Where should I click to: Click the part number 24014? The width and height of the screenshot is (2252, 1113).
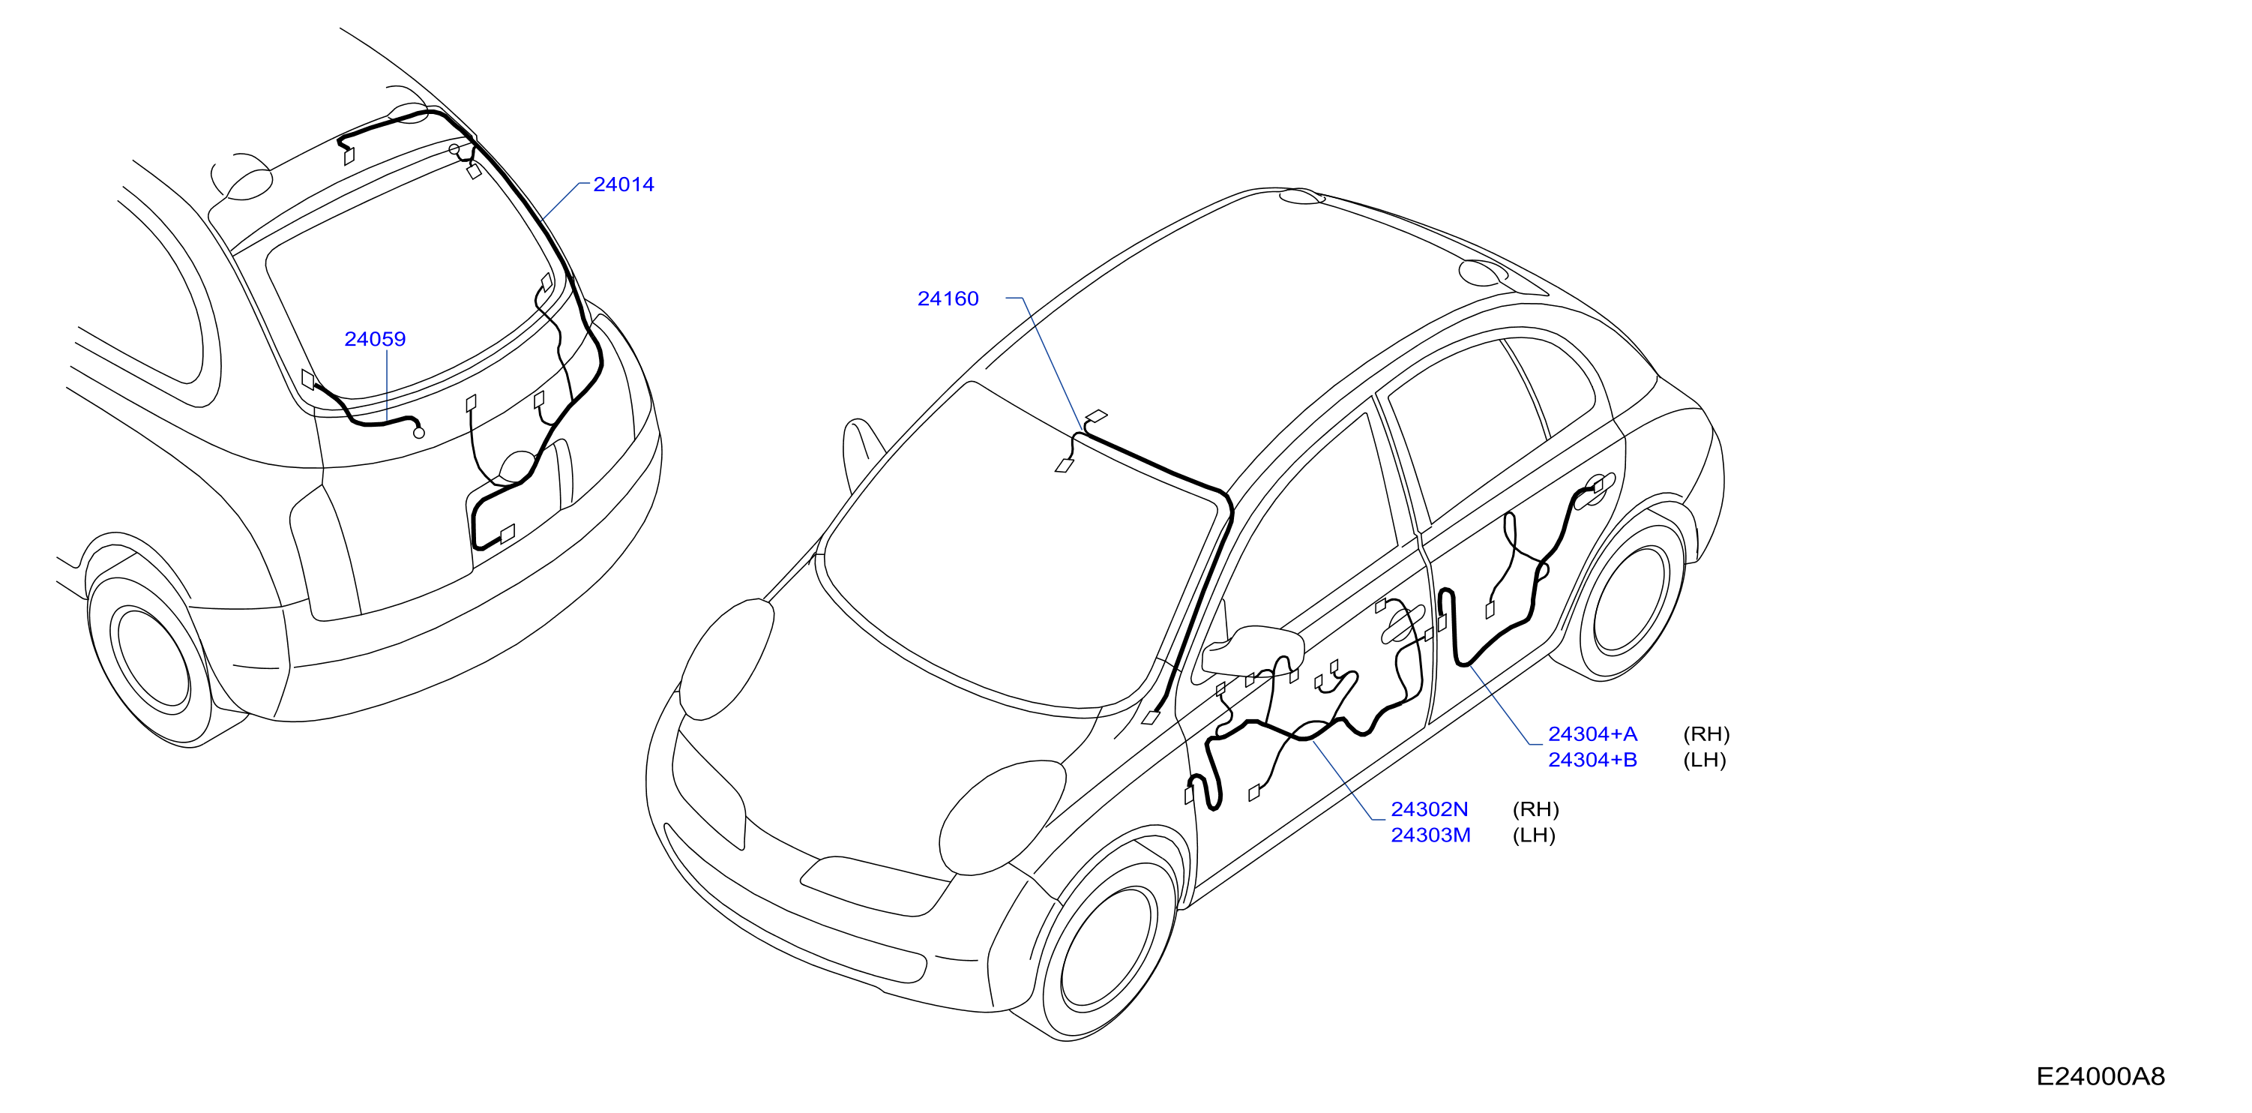click(x=623, y=184)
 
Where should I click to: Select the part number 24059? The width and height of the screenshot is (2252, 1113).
click(x=375, y=339)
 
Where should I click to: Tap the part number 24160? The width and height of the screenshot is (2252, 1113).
click(x=948, y=299)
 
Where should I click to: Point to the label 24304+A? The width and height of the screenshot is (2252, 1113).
click(x=1592, y=734)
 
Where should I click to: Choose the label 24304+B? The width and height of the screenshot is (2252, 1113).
click(x=1592, y=760)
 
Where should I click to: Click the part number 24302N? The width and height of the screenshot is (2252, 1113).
click(x=1430, y=809)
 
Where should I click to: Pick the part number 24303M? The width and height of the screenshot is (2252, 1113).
click(x=1430, y=835)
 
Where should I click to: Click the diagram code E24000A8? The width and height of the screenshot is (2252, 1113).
click(x=2100, y=1076)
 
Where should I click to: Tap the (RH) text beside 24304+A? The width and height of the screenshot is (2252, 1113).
click(x=1706, y=734)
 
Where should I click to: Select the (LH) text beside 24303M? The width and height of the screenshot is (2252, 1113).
click(x=1533, y=835)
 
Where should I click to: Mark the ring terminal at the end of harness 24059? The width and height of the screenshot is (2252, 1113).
click(x=419, y=433)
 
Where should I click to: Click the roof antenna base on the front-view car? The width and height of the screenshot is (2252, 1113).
click(x=1301, y=196)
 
